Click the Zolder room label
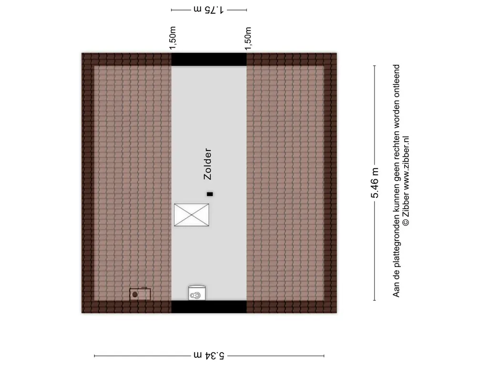coord(208,164)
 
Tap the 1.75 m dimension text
coord(209,10)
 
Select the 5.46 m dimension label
coord(375,183)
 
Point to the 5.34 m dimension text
coord(209,356)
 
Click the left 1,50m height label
coord(173,38)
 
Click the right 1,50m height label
coord(248,39)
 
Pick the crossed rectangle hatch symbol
coord(192,215)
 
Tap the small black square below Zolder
coord(210,194)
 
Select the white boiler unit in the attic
coord(197,293)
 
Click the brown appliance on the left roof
coord(140,294)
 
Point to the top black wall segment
coord(209,60)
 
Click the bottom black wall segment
coord(209,306)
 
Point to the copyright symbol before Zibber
coord(406,222)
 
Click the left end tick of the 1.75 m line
coord(172,10)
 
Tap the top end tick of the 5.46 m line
coord(375,66)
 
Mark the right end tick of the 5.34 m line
coord(324,356)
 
